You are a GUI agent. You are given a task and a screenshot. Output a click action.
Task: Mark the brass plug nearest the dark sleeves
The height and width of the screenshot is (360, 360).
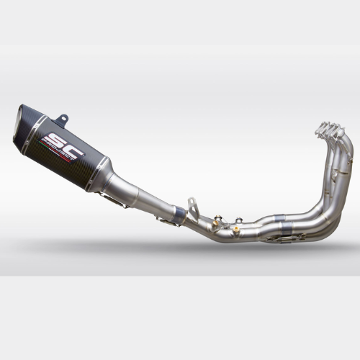coord(235,229)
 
